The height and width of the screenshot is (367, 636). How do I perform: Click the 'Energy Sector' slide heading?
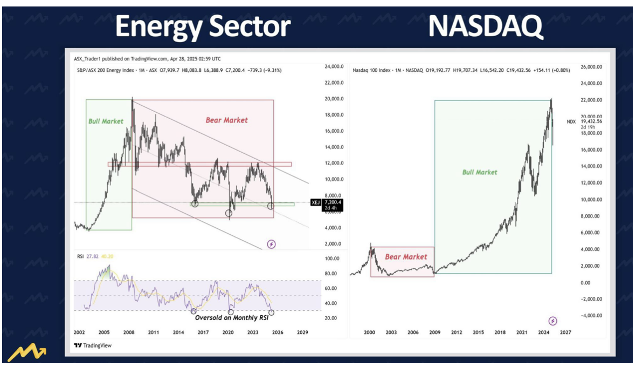click(203, 26)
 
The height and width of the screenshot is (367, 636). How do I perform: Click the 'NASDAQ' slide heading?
click(486, 26)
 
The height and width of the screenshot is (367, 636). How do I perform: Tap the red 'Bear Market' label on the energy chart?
click(226, 120)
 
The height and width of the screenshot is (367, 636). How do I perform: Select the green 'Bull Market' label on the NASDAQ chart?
click(480, 172)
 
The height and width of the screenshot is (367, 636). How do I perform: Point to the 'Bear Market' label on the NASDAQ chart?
click(402, 256)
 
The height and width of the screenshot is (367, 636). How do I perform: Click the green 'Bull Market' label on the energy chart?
click(106, 121)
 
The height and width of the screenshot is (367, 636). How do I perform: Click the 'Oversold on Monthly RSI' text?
click(231, 318)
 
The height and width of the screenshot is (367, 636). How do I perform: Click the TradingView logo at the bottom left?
click(93, 345)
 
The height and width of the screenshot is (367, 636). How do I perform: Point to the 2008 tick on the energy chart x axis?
click(129, 332)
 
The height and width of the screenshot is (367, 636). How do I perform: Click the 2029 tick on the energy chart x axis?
click(302, 332)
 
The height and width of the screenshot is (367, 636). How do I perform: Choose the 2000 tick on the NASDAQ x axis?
click(369, 332)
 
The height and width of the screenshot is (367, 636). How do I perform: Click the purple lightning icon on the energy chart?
click(272, 244)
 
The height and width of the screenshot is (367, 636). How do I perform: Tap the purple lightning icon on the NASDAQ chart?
click(552, 321)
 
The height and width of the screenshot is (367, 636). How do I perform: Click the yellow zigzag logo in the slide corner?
click(26, 354)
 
